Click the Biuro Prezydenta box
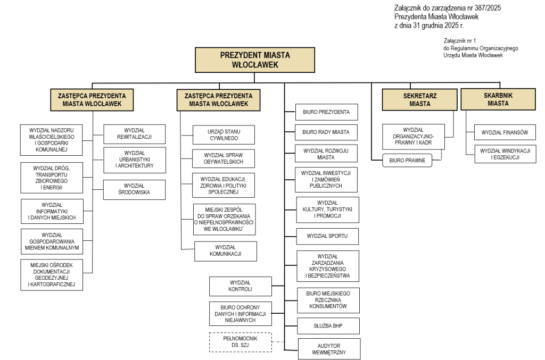point(326,112)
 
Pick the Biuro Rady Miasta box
point(326,132)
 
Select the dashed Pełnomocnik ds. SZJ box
point(240,342)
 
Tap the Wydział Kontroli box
point(241,286)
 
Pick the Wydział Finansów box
point(501,132)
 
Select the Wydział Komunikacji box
point(226,251)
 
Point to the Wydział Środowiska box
point(134,190)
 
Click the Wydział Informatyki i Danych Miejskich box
point(52,212)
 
